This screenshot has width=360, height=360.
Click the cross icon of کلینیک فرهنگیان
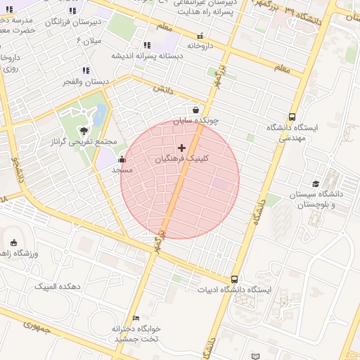coord(182,148)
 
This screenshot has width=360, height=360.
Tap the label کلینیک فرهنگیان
coord(181,160)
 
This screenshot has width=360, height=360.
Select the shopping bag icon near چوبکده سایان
coord(195,110)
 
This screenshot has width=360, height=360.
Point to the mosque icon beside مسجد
coord(122,159)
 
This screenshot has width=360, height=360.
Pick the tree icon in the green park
coord(84,130)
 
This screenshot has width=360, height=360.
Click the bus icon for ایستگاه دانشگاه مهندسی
coord(292,117)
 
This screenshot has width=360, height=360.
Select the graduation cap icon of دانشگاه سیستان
coord(316,183)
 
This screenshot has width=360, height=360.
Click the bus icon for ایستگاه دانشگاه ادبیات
coord(234,278)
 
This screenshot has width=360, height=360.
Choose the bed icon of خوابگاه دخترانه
coord(136,319)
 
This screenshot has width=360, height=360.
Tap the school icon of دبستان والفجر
coord(86,70)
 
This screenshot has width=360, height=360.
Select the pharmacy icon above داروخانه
coord(200,36)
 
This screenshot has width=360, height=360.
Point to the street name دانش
coord(162,89)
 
